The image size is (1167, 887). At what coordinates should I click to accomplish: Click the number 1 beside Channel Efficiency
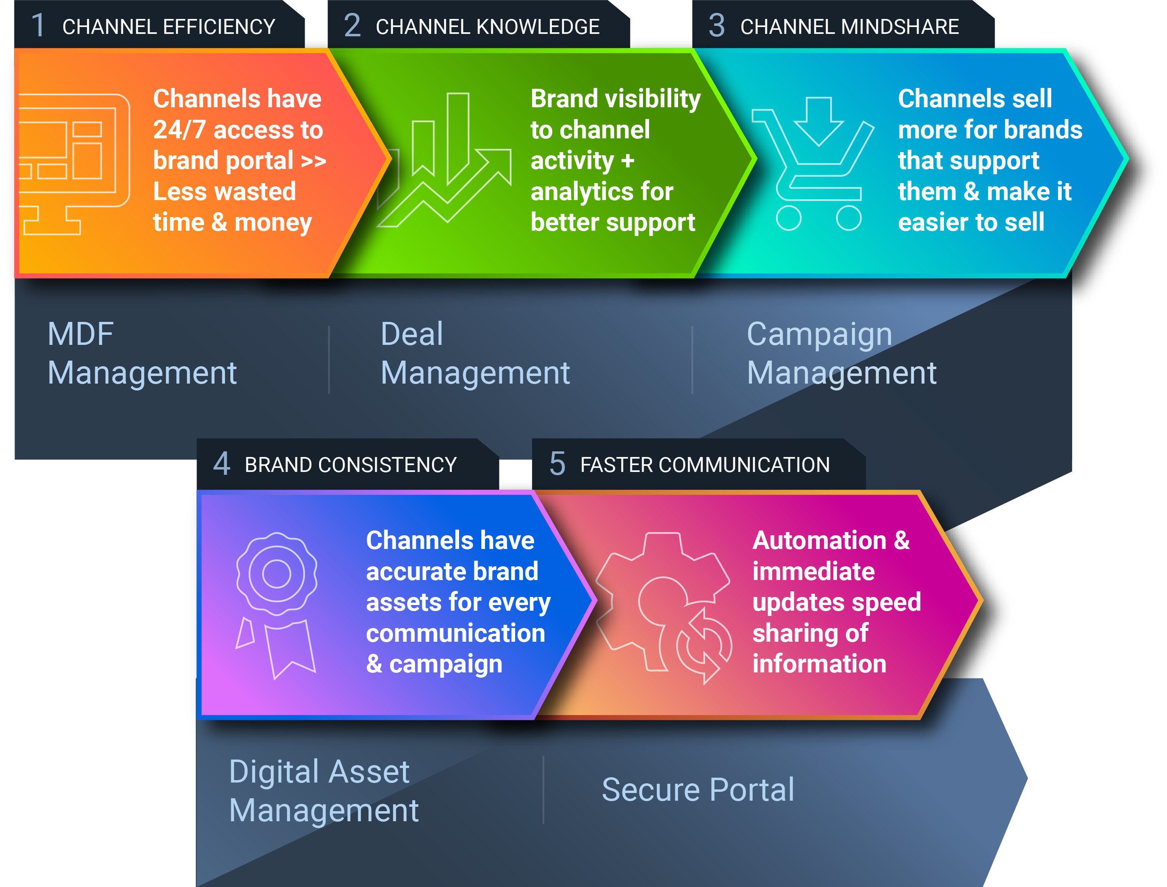click(x=38, y=25)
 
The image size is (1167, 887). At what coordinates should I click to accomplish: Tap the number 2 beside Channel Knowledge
click(x=352, y=25)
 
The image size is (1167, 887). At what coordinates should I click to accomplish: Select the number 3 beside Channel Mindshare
click(x=716, y=25)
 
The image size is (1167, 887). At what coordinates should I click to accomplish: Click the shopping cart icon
click(x=813, y=164)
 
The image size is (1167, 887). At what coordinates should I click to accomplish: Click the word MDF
click(x=80, y=334)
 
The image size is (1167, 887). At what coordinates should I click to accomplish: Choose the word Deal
click(x=412, y=334)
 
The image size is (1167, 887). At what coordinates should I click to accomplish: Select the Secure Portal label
click(x=697, y=790)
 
